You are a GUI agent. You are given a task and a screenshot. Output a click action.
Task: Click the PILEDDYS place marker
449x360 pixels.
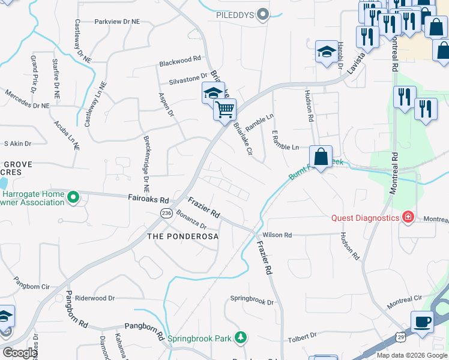pyautogui.click(x=262, y=14)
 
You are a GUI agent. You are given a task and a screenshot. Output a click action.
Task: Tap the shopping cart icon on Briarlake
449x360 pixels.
pyautogui.click(x=224, y=110)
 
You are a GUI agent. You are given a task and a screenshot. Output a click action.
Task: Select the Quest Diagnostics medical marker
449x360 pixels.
pyautogui.click(x=408, y=217)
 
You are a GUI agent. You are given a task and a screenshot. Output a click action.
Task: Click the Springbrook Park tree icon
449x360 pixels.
pyautogui.click(x=240, y=338)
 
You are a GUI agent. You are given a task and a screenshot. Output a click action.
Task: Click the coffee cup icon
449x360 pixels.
pyautogui.click(x=422, y=321)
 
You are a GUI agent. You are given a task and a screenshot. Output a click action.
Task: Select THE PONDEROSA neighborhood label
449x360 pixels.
pyautogui.click(x=183, y=236)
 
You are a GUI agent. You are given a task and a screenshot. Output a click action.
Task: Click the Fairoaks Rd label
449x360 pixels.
pyautogui.click(x=148, y=198)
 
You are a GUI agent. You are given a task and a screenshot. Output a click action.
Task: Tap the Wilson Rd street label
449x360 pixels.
pyautogui.click(x=277, y=235)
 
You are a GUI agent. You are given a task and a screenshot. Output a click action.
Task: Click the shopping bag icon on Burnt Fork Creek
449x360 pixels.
pyautogui.click(x=321, y=157)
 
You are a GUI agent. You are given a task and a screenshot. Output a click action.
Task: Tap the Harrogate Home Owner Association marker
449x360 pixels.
pyautogui.click(x=73, y=196)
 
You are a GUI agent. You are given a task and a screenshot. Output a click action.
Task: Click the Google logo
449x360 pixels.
pyautogui.click(x=20, y=353)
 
